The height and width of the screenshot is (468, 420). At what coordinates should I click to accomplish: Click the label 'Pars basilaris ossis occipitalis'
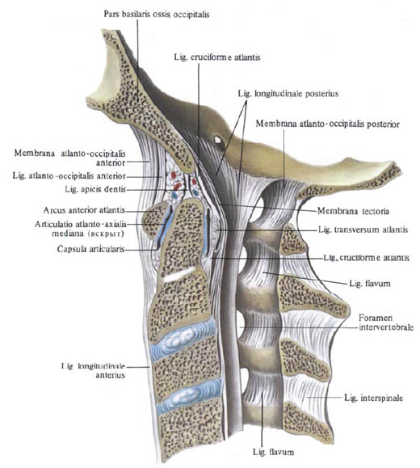point(157,15)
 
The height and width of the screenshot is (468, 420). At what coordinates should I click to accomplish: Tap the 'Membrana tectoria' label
point(353,211)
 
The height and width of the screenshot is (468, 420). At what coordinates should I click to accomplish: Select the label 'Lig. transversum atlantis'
point(363,230)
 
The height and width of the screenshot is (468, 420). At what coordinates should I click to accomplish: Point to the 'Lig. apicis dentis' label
point(95,189)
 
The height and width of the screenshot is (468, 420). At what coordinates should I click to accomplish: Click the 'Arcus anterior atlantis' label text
point(84,210)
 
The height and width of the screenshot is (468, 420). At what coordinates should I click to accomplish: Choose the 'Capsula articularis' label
point(90,249)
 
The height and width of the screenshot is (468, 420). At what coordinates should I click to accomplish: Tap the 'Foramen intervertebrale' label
point(386,323)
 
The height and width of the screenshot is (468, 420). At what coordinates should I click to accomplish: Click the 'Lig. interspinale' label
point(373,398)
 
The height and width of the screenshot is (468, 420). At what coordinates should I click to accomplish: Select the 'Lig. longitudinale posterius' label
point(288,94)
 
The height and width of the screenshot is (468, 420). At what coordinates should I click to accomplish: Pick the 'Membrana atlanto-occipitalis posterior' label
point(328,124)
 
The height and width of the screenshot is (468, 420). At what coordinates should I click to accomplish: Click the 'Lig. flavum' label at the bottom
point(273,452)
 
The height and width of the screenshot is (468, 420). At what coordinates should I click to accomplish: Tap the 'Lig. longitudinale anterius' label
point(93,370)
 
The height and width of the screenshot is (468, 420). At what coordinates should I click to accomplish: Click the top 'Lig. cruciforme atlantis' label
point(217,57)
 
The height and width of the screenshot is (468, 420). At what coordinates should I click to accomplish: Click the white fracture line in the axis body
point(179,274)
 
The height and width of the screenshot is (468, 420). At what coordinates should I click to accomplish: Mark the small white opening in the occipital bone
point(218,139)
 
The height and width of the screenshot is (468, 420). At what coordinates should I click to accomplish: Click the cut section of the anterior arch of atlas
point(153,219)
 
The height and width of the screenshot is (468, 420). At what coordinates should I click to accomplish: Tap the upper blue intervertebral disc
point(183,335)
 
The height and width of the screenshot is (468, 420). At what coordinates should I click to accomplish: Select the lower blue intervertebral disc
point(191,396)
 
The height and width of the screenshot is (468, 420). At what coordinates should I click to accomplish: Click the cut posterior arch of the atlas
point(294,240)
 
